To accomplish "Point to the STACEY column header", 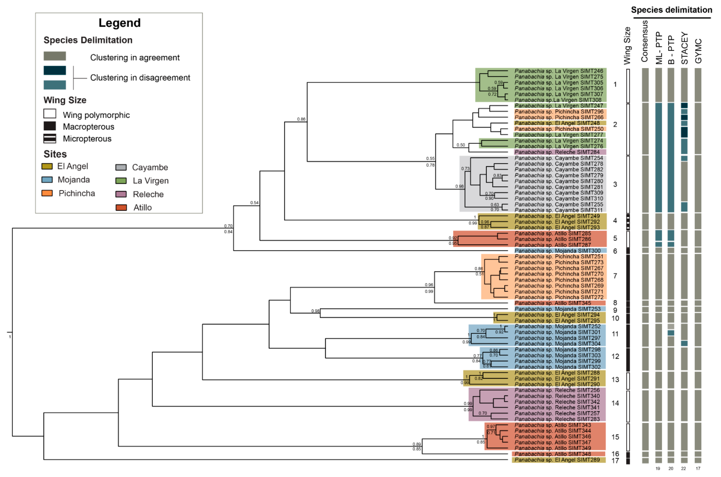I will pos(684,48).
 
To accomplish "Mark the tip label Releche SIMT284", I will pos(557,152).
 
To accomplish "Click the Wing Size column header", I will pos(627,46).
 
